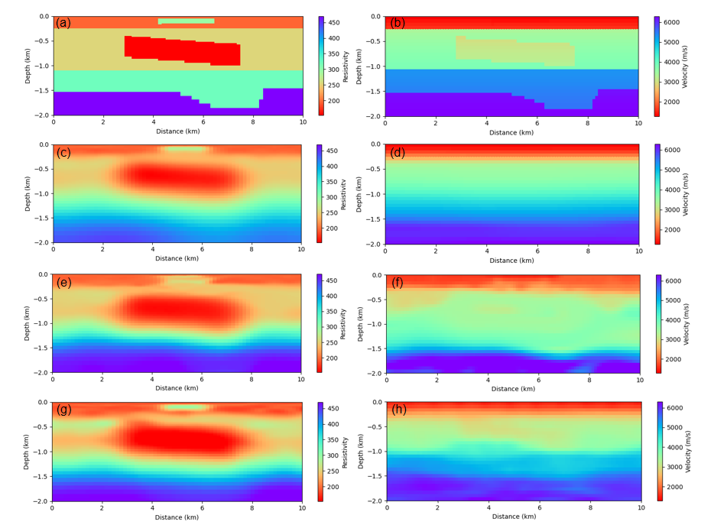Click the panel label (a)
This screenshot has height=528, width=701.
[x=63, y=23]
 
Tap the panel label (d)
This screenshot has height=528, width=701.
[x=398, y=153]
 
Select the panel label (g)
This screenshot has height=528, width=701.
[x=63, y=410]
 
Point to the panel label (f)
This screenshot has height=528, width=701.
[x=398, y=283]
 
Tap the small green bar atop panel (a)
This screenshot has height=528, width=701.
[x=186, y=21]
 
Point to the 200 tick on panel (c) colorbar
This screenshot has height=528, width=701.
[x=333, y=228]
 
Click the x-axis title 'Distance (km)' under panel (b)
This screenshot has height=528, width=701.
[x=511, y=133]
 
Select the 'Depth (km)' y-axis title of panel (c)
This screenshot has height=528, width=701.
[x=28, y=193]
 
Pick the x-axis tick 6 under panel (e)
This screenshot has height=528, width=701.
[x=202, y=379]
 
